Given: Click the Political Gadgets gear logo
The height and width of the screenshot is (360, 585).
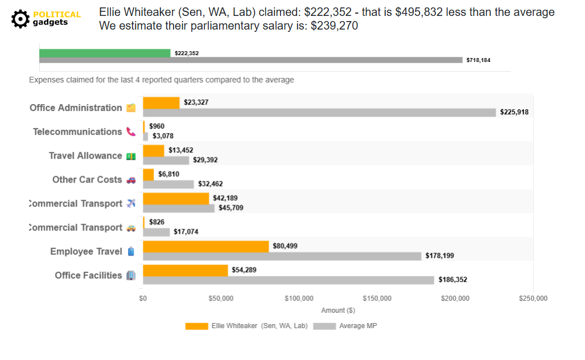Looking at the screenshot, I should (x=21, y=19).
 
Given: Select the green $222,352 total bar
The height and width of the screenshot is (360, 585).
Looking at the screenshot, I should (x=105, y=53).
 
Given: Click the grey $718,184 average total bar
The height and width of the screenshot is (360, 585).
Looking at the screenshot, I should (x=250, y=60).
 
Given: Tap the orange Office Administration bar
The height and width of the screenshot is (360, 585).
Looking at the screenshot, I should (x=161, y=102).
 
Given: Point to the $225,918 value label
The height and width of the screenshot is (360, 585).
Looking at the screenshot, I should (x=514, y=112).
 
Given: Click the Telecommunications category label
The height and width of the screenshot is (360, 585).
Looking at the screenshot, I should (x=77, y=132).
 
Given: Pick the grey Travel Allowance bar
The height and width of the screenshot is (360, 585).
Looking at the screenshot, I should (x=166, y=160).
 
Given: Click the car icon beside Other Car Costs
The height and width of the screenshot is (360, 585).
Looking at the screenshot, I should (x=131, y=180).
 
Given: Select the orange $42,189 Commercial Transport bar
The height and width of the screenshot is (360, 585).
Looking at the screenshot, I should (x=176, y=198).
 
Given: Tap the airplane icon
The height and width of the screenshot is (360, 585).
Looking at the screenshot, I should (x=131, y=204).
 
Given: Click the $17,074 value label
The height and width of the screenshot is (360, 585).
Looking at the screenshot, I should (x=186, y=232).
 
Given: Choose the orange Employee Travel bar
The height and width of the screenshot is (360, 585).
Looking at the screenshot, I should (x=205, y=246).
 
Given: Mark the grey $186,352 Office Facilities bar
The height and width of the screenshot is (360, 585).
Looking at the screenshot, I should (x=288, y=280).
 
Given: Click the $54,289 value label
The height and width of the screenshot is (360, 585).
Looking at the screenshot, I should (x=244, y=270).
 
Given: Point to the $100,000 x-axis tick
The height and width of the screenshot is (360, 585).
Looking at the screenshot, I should (x=299, y=298).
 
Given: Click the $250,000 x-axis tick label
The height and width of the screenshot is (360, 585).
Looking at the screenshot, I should (x=533, y=298).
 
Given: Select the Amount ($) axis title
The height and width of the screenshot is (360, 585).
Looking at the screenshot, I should (x=338, y=311).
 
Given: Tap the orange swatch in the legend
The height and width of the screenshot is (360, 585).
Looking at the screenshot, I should (x=196, y=326).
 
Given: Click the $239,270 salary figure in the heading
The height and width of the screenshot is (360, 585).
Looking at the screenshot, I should (x=334, y=26).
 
